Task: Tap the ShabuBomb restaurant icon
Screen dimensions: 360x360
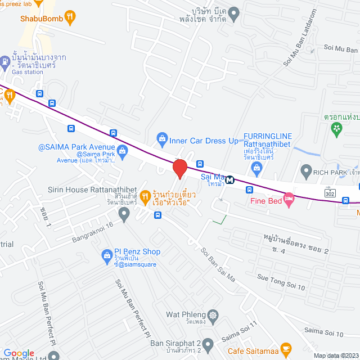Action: [70, 17]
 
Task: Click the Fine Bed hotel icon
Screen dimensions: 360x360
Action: [289, 199]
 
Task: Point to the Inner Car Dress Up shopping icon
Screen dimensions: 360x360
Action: [162, 138]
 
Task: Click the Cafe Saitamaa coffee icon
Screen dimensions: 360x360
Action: [286, 348]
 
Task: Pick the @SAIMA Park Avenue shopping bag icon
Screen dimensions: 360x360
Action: [121, 149]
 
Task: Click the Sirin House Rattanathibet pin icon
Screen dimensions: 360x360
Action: [124, 213]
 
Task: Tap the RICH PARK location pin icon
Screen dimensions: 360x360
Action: [306, 170]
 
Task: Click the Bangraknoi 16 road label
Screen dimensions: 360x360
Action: [93, 232]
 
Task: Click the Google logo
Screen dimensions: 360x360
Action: [19, 352]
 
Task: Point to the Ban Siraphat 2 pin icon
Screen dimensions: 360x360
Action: [208, 344]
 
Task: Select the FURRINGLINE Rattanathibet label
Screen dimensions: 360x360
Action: [268, 137]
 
